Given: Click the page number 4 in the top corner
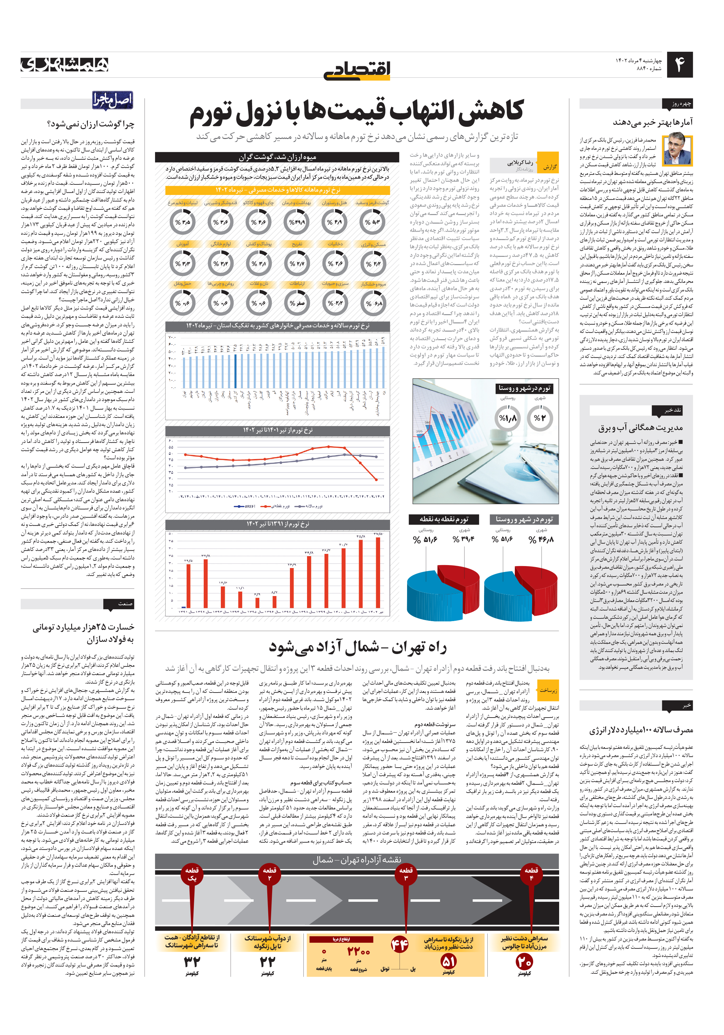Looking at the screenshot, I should pos(679,65).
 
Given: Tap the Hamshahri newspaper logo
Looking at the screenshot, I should pos(65,65).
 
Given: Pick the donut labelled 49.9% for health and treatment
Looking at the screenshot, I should pos(297,222).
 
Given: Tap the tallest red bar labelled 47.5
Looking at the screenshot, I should pos(377,573).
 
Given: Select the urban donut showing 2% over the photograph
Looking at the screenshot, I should pos(539,418).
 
